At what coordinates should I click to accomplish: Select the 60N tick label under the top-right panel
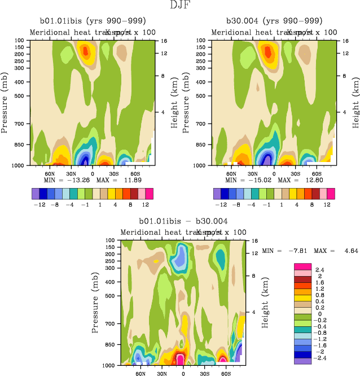231,174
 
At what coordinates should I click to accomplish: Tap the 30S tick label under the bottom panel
204,374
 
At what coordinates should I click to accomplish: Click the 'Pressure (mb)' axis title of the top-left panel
5,103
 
